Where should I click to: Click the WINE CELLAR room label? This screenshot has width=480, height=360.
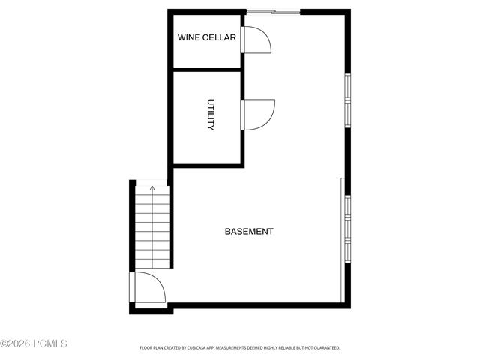click(206, 37)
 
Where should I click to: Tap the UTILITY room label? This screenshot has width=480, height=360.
click(211, 115)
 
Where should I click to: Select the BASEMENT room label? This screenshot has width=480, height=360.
click(249, 232)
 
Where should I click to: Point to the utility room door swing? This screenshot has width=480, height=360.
click(259, 114)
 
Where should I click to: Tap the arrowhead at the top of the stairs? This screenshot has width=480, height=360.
click(152, 189)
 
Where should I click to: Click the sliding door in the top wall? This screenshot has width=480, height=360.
click(273, 11)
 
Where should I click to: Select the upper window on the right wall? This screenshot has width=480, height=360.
click(346, 100)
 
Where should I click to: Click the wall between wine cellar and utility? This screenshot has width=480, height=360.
click(206, 69)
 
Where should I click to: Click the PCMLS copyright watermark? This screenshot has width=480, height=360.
click(34, 344)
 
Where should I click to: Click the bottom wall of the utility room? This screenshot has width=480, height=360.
click(206, 164)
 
